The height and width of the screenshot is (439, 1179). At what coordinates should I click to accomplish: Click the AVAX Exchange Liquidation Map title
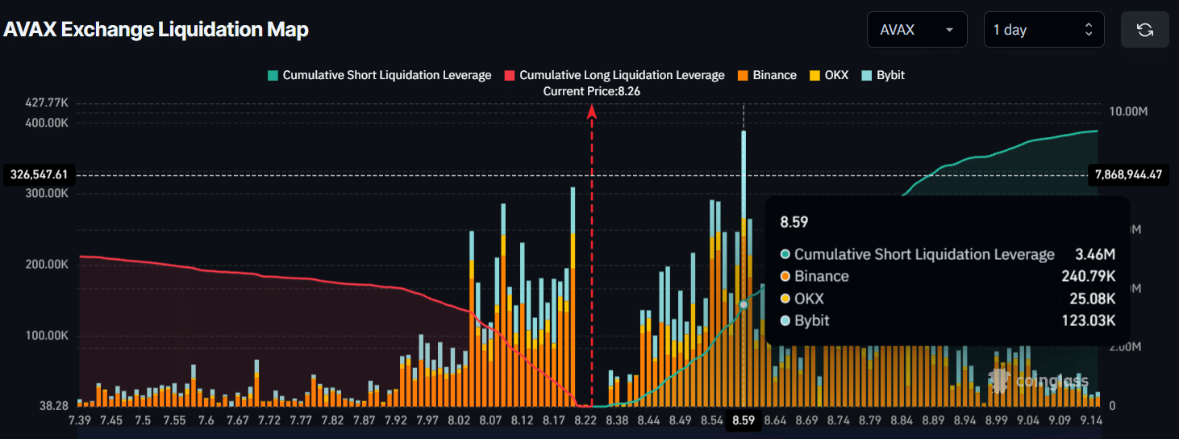point(156,30)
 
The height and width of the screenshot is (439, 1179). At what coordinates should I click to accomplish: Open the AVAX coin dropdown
point(917,30)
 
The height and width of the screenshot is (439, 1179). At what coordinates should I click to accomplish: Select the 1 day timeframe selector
point(1043,30)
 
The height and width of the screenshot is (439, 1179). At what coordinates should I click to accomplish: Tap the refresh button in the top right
point(1144,30)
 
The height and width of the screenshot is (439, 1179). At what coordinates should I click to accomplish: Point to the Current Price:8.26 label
point(591,91)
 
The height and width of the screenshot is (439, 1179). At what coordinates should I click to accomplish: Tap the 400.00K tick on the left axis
point(48,123)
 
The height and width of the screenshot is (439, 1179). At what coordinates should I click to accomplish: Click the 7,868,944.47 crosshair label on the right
point(1129,174)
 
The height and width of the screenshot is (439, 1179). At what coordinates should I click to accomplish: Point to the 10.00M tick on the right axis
point(1128,111)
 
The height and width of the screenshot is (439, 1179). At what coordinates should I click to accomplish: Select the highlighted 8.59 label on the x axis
point(743,420)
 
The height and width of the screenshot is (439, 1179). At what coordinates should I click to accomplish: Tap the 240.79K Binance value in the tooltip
point(1088,277)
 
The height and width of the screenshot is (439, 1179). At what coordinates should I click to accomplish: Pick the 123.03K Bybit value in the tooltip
point(1088,321)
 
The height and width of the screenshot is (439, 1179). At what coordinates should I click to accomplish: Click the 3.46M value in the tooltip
point(1094,255)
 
